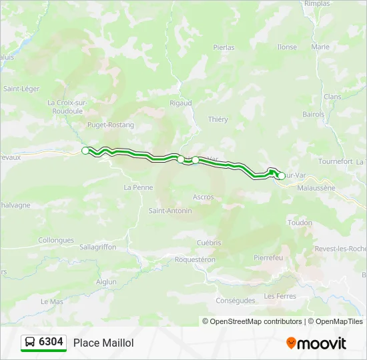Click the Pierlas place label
[x=224, y=47]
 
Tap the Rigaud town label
[x=181, y=103]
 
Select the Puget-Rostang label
[x=111, y=125]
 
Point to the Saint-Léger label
[x=21, y=89]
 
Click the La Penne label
[x=138, y=187]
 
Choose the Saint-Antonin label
[x=170, y=211]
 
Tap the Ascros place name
[x=204, y=197]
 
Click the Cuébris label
[x=209, y=243]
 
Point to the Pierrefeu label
[x=269, y=257]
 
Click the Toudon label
[x=300, y=223]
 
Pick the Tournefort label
[x=335, y=161]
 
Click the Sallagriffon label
[x=97, y=247]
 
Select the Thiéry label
[x=218, y=119]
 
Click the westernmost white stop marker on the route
[x=85, y=151]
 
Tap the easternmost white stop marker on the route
[x=282, y=176]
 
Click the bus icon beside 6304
[x=30, y=343]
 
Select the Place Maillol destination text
[x=103, y=343]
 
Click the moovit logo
[x=316, y=343]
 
